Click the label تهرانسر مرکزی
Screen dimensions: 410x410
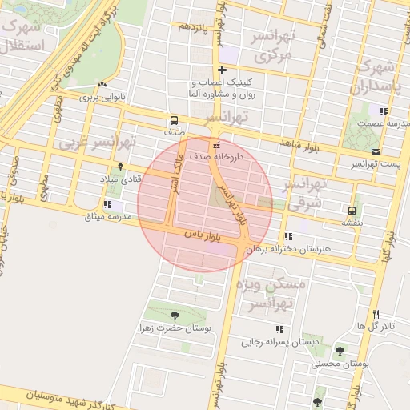pyautogui.click(x=274, y=46)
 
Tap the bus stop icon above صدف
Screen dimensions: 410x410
pyautogui.click(x=175, y=118)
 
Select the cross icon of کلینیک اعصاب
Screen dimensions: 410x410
pyautogui.click(x=223, y=70)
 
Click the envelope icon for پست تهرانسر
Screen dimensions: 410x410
pyautogui.click(x=376, y=152)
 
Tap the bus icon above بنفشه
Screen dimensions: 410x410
pyautogui.click(x=352, y=211)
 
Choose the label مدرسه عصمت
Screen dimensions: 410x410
pyautogui.click(x=384, y=123)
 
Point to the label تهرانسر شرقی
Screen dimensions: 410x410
pyautogui.click(x=307, y=195)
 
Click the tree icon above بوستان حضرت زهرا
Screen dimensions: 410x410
pyautogui.click(x=176, y=315)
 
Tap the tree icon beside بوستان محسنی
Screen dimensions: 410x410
pyautogui.click(x=340, y=351)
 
